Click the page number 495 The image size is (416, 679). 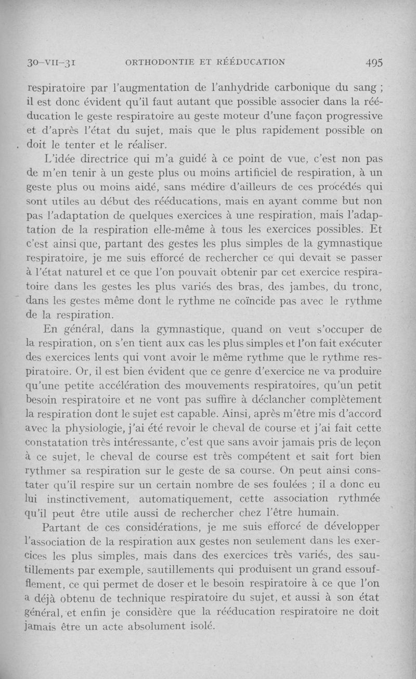point(374,62)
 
